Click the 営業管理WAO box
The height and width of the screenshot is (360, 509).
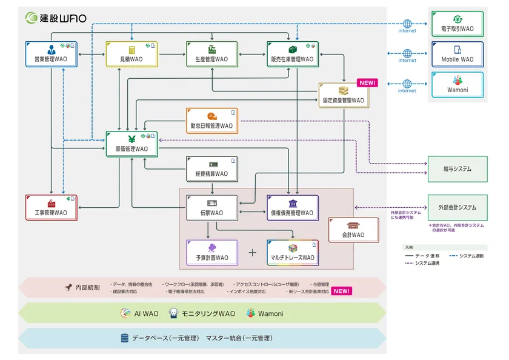[51, 54]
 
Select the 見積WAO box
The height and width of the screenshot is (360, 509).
[131, 54]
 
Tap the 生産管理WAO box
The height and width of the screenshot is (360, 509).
[212, 54]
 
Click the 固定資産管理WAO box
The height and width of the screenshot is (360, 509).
[344, 95]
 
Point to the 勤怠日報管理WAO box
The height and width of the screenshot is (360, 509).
[212, 121]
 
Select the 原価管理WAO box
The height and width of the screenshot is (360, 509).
[131, 144]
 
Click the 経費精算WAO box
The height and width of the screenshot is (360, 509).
[212, 169]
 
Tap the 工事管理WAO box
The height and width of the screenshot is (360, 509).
[51, 207]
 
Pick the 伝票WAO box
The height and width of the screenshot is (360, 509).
[212, 208]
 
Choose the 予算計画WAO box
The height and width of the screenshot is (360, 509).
[212, 253]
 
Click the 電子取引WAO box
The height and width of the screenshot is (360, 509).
[457, 24]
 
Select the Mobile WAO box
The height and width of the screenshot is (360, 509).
[457, 54]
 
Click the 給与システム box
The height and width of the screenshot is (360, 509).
[457, 169]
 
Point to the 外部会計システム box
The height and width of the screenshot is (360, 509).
[457, 207]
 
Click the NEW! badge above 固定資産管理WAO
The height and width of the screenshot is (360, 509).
[367, 83]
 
